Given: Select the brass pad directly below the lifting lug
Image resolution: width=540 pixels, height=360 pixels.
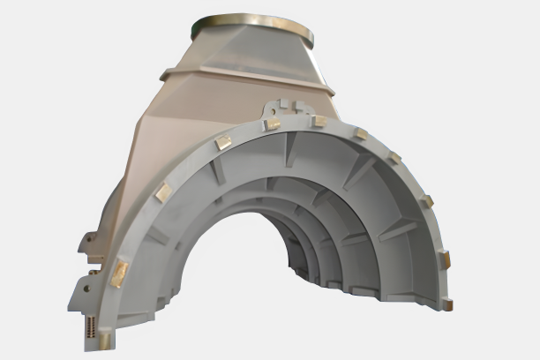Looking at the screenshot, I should coord(274,124).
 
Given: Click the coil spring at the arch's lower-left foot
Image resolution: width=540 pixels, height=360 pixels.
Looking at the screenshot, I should coord(92,326).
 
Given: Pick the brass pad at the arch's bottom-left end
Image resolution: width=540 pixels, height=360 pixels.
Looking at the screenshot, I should coord(107,337).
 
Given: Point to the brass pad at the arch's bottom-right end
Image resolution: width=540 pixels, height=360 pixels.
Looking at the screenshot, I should coord(448,304).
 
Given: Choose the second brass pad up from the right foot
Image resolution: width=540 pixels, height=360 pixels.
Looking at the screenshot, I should coord(444,259).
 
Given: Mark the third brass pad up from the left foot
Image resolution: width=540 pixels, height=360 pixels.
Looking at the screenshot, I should coord(162,191).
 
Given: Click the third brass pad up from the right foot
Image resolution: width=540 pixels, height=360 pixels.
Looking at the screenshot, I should coord(426,201).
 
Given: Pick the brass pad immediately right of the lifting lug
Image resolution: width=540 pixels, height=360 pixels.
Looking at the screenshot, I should coord(319,121).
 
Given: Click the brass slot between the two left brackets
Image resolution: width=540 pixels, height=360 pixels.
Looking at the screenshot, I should coord(94,260).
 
